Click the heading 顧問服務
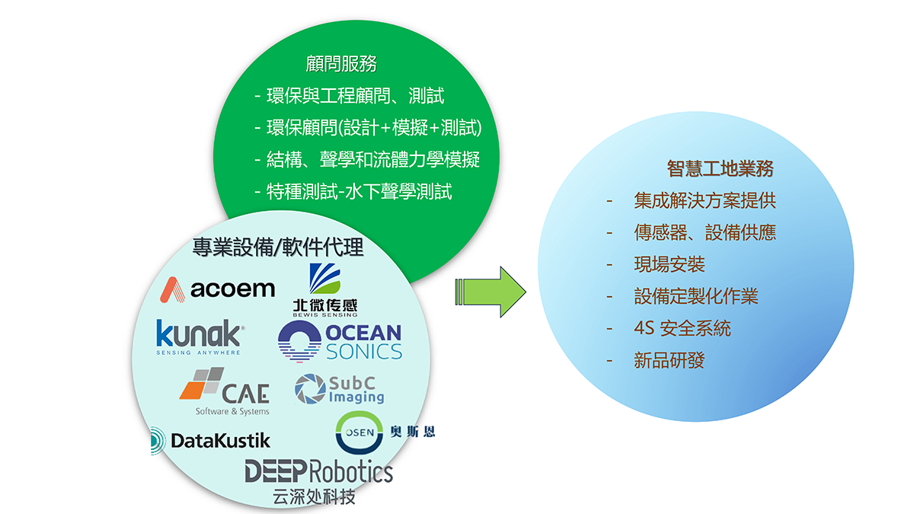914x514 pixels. [340, 64]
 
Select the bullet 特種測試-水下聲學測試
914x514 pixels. [360, 191]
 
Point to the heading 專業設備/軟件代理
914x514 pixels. [278, 247]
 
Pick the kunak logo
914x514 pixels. [200, 337]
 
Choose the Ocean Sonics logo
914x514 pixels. [340, 341]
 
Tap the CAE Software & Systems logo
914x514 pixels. [226, 392]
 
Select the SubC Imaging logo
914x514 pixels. [340, 389]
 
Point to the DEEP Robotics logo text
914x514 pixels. [318, 471]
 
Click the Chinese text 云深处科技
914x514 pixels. [314, 497]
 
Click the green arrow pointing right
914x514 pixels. [491, 292]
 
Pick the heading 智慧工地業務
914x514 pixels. [720, 168]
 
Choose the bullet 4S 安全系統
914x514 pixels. [682, 328]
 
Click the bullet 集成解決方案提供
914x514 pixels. [705, 201]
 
